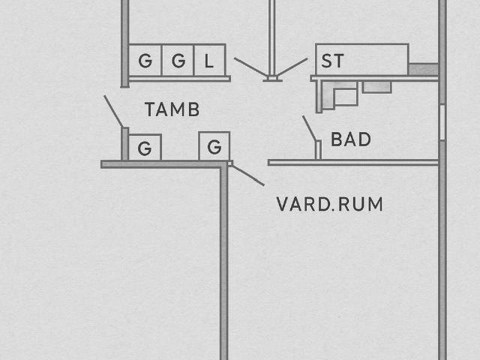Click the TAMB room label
coord(172,109)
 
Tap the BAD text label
coord(351,139)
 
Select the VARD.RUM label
coord(330,204)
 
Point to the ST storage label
coord(333,61)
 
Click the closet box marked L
coord(210,60)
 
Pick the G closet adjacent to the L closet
coord(178,60)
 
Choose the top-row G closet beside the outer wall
coord(145,60)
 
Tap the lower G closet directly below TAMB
coord(145,147)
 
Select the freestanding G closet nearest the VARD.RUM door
coord(214,146)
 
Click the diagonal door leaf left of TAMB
coord(113,112)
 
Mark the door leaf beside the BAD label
coord(310,129)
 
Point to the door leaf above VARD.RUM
coord(248,175)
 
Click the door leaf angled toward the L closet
coord(250,67)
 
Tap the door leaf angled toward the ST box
coord(292,67)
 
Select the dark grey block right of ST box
coord(424,69)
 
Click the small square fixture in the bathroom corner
coord(346,97)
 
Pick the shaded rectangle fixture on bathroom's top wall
coord(377,87)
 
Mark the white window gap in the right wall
coord(442,122)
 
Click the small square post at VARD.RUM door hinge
coord(229,163)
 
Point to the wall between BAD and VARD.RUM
coord(353,163)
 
